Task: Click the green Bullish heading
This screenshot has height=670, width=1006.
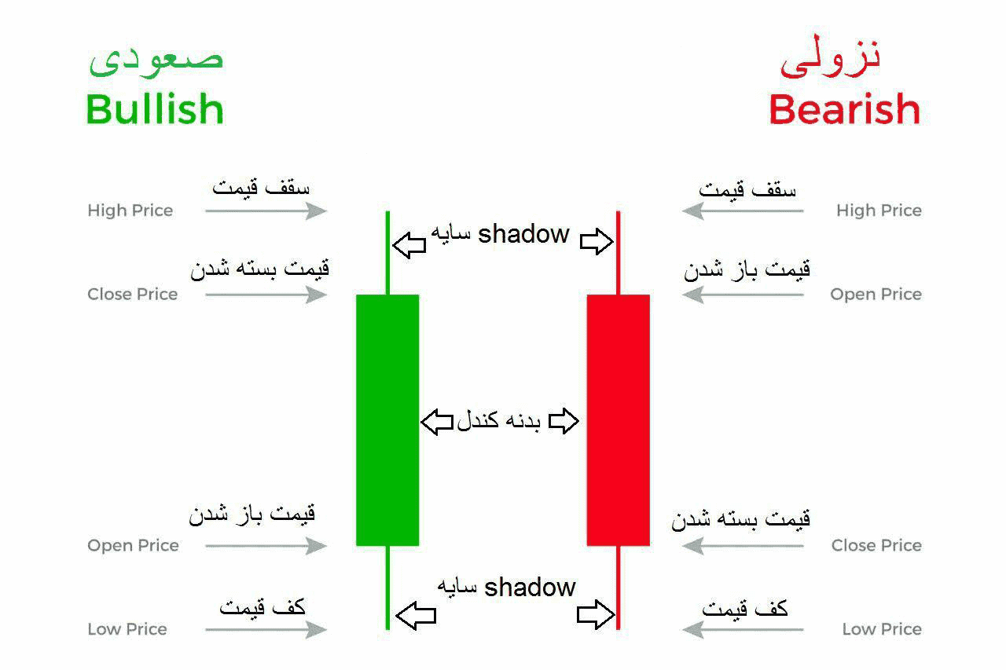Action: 155,109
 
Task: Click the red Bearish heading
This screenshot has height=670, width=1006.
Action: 844,109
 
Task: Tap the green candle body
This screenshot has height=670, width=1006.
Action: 387,419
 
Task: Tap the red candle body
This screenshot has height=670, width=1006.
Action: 619,419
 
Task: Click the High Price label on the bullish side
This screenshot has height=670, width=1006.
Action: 130,211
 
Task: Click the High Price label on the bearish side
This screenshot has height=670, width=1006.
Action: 879,211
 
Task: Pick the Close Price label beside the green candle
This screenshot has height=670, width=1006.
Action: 133,295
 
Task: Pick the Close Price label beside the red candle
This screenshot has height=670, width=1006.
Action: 876,545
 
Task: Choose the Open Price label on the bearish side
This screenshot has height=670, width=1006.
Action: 876,295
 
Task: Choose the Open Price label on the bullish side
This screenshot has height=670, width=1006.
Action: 133,545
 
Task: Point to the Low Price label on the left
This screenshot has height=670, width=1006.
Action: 127,629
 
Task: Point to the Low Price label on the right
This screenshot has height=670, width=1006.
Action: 882,629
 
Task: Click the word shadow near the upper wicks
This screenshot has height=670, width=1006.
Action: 523,233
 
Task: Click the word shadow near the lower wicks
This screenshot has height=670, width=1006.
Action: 530,588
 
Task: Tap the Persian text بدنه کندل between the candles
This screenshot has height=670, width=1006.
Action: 499,422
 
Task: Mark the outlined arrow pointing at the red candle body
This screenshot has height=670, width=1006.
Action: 564,422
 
